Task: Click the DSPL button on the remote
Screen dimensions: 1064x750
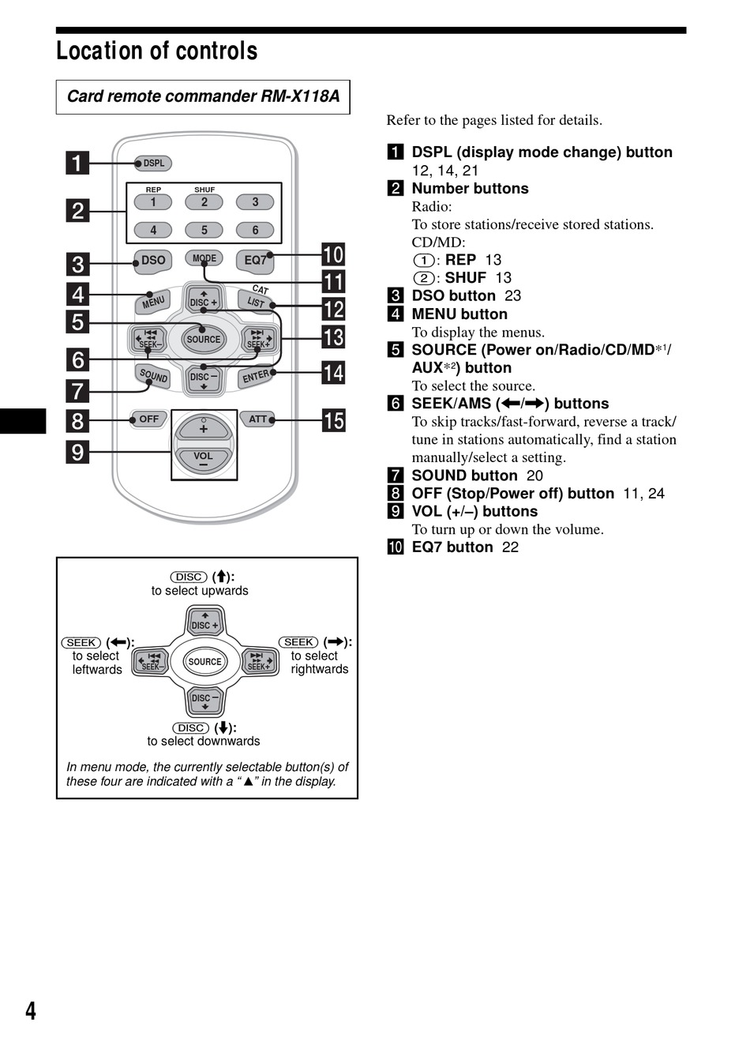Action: click(153, 164)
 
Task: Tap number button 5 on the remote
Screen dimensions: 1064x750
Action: click(204, 230)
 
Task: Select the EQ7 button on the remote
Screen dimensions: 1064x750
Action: click(255, 260)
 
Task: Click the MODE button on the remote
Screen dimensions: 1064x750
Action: click(204, 258)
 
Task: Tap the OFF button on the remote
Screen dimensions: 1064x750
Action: click(149, 419)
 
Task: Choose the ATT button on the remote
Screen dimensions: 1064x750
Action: click(258, 419)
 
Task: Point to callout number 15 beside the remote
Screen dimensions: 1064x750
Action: click(334, 420)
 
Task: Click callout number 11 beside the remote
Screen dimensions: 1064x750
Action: click(334, 282)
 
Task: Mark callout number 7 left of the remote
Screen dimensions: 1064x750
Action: click(77, 390)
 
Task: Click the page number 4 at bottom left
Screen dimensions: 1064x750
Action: click(31, 1011)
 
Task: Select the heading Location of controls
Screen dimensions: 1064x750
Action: click(157, 51)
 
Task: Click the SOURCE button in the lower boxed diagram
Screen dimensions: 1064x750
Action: click(204, 662)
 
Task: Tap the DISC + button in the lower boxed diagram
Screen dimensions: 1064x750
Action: click(204, 622)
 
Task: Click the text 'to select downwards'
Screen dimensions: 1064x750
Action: click(203, 741)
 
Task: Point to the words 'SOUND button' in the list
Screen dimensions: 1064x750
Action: click(464, 476)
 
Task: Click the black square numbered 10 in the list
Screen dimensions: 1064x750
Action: click(396, 547)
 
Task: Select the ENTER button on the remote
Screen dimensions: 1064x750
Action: click(256, 376)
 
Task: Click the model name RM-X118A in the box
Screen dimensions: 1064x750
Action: click(300, 96)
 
